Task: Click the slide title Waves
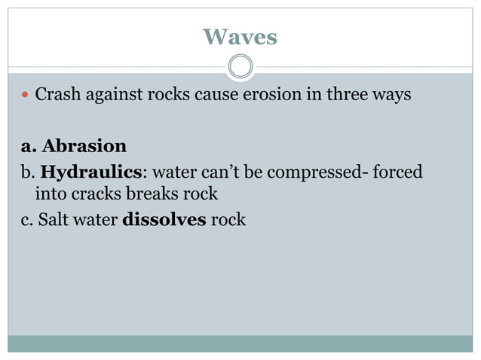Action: [x=240, y=36]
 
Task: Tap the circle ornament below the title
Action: [x=240, y=66]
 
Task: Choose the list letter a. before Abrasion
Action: [x=20, y=145]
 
